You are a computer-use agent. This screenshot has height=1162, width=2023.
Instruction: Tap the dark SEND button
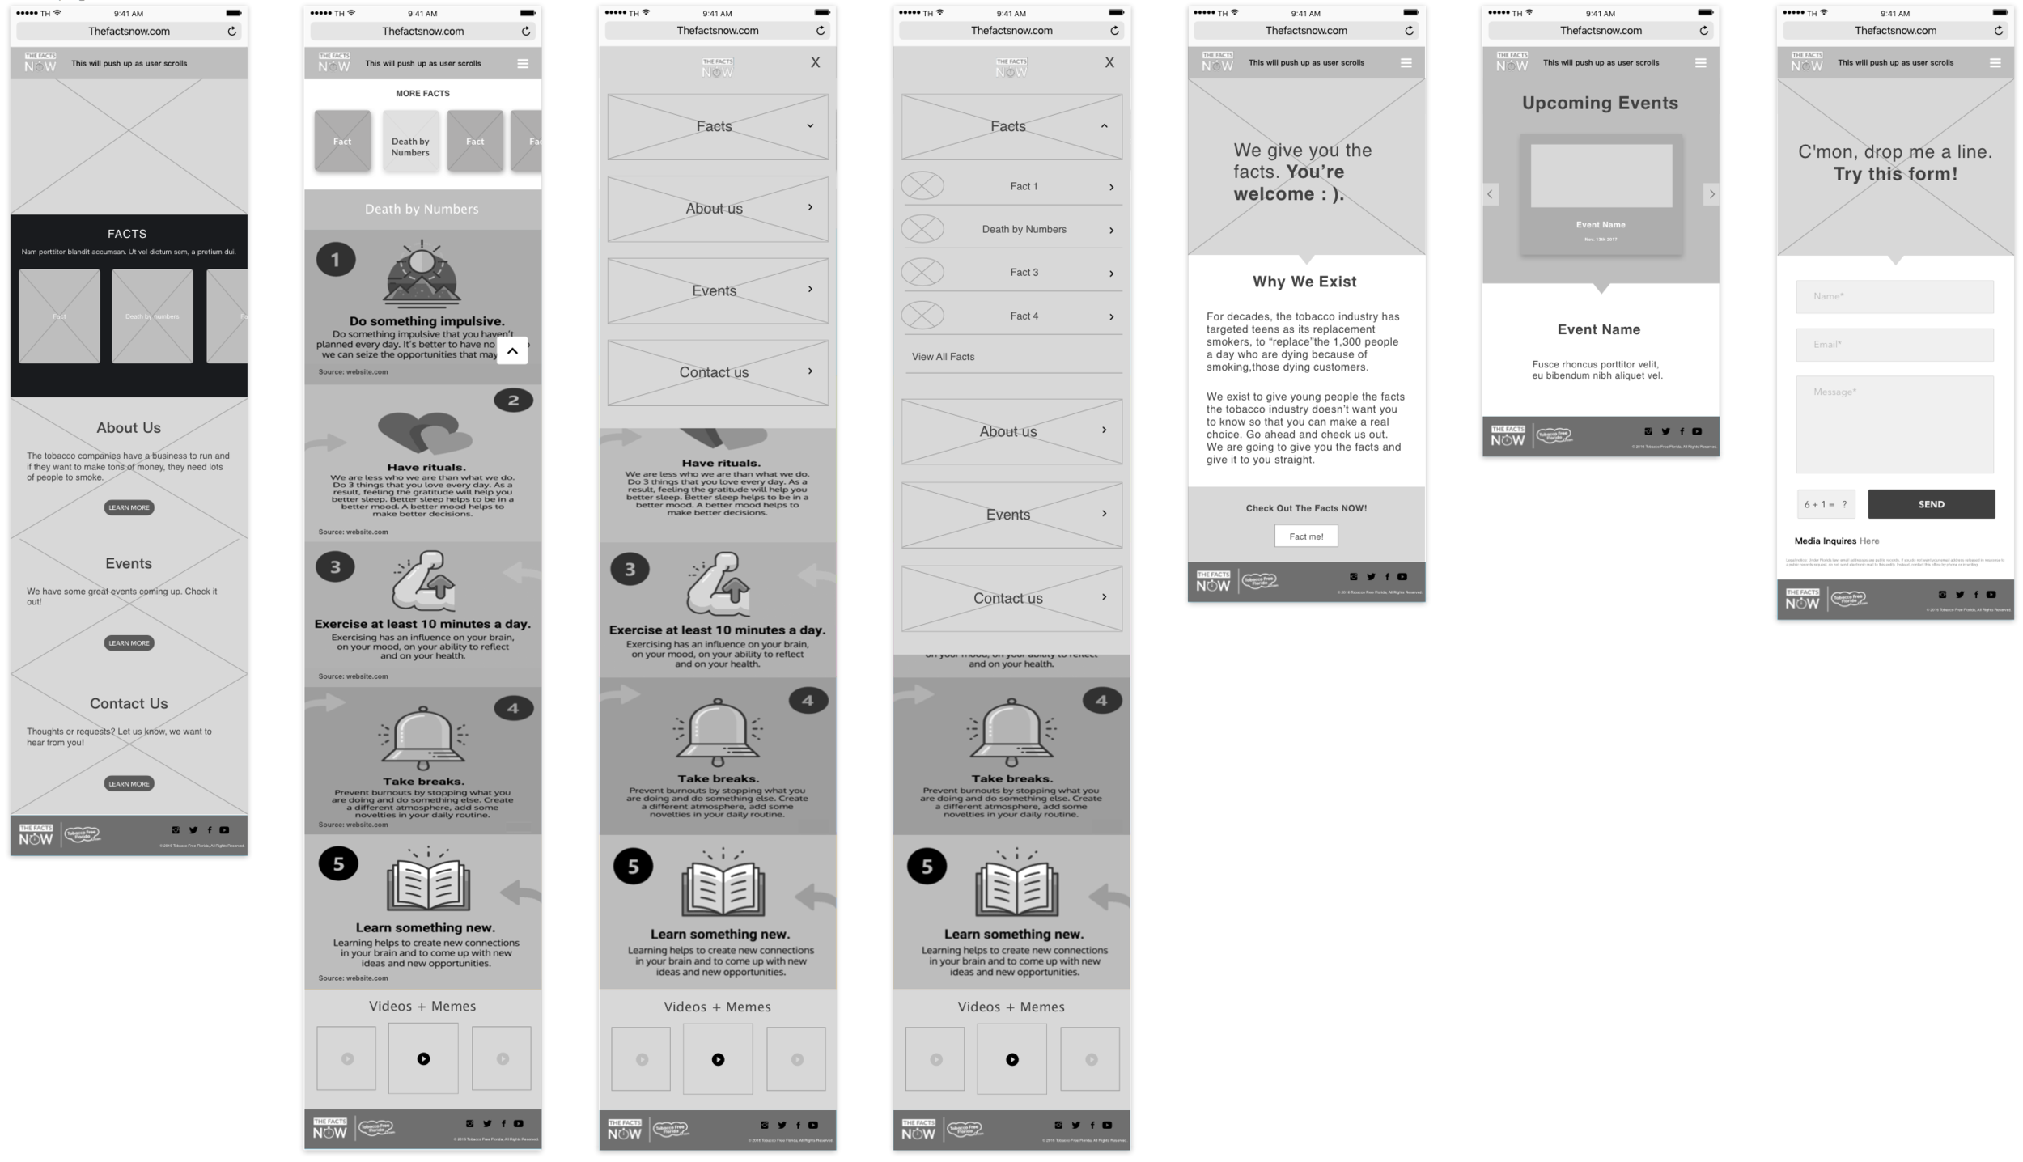[1930, 504]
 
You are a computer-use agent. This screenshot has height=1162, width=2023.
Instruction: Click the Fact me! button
[1305, 536]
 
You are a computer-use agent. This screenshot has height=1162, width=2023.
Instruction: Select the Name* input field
[1894, 296]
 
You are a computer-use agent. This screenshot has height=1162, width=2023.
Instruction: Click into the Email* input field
[1894, 345]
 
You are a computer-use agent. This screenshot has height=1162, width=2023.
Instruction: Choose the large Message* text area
[1894, 424]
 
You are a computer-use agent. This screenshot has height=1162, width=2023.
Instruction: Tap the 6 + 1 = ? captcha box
[1825, 504]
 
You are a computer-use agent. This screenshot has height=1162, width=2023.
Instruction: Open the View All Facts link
[943, 357]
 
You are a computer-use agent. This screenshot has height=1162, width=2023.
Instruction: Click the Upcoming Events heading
[1600, 103]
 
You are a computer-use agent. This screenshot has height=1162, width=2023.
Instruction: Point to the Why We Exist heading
[1304, 282]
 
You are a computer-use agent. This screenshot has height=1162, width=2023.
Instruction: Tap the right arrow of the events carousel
[1711, 194]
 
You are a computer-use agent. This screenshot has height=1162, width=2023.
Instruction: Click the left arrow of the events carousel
[1490, 194]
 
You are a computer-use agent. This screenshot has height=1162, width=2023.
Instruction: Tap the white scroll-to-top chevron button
[511, 350]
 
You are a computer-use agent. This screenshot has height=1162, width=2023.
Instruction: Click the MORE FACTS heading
[422, 93]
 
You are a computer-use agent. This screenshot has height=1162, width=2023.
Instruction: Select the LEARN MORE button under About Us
[129, 507]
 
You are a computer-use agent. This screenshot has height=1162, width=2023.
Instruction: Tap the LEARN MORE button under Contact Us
[129, 783]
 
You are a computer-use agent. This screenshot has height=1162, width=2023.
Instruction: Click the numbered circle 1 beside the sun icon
[335, 260]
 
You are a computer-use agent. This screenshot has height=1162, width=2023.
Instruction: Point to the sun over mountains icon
[421, 274]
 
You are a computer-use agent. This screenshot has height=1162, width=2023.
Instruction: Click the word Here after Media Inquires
[1869, 541]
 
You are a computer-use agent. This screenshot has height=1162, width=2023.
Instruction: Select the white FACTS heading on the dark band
[127, 234]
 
